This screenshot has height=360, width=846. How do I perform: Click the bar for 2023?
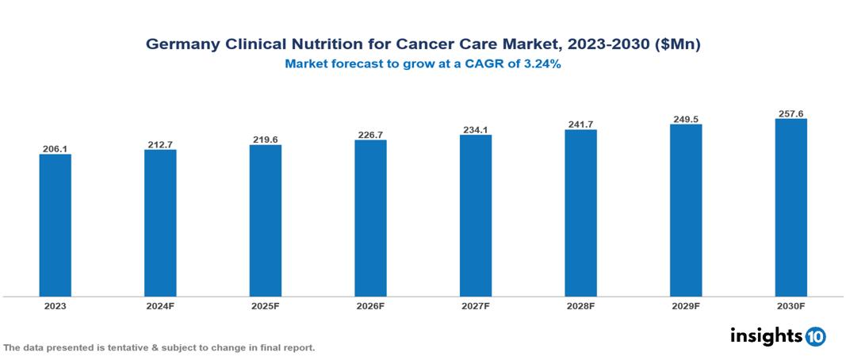(x=56, y=225)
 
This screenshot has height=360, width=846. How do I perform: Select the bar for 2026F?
(x=370, y=218)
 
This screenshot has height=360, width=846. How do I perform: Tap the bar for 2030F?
(x=790, y=208)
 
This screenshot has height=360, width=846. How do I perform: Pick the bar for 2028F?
(x=580, y=213)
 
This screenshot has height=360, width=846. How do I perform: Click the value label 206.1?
(x=56, y=148)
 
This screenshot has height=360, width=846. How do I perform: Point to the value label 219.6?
(x=266, y=139)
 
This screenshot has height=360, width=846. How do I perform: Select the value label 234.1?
(x=476, y=129)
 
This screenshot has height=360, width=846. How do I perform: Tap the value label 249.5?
(x=686, y=119)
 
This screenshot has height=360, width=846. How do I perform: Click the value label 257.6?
(x=790, y=113)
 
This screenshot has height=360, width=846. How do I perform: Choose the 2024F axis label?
(x=160, y=305)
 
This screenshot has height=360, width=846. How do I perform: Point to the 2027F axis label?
(x=476, y=305)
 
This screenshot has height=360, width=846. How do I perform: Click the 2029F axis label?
(x=686, y=305)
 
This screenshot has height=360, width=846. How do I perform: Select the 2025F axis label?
(x=266, y=305)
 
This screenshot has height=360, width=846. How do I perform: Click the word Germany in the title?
(x=179, y=45)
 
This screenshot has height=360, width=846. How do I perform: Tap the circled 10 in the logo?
(x=815, y=337)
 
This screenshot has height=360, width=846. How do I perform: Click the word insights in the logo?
(x=766, y=335)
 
